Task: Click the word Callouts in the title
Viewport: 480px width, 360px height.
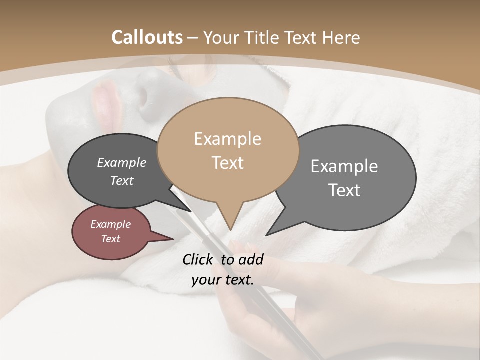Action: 147,37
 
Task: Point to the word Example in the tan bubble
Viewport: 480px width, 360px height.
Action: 227,139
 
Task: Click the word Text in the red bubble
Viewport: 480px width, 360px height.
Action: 110,239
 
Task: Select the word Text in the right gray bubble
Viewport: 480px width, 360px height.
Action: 344,190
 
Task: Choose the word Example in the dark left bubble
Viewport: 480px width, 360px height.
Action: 121,162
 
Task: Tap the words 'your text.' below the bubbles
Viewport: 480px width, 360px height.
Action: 222,280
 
